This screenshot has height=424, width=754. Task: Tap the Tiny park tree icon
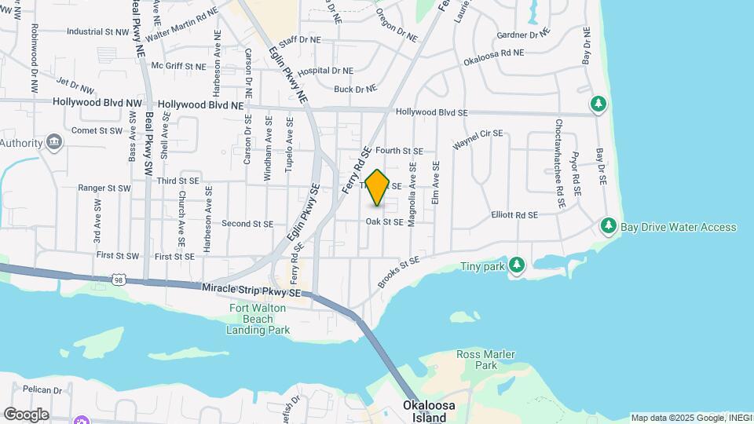click(516, 265)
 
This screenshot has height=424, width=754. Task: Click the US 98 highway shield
click(118, 280)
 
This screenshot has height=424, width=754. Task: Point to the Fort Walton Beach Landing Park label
click(258, 319)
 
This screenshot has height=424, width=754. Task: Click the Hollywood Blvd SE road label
click(431, 112)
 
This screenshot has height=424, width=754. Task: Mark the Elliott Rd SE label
click(514, 214)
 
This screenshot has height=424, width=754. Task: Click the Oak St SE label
click(384, 222)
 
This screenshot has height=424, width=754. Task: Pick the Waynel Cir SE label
click(477, 140)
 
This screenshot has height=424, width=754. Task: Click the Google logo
click(26, 414)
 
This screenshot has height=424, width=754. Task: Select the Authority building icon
click(54, 142)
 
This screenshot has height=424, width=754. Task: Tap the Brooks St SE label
click(398, 271)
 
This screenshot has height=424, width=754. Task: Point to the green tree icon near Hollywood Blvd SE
click(598, 104)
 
